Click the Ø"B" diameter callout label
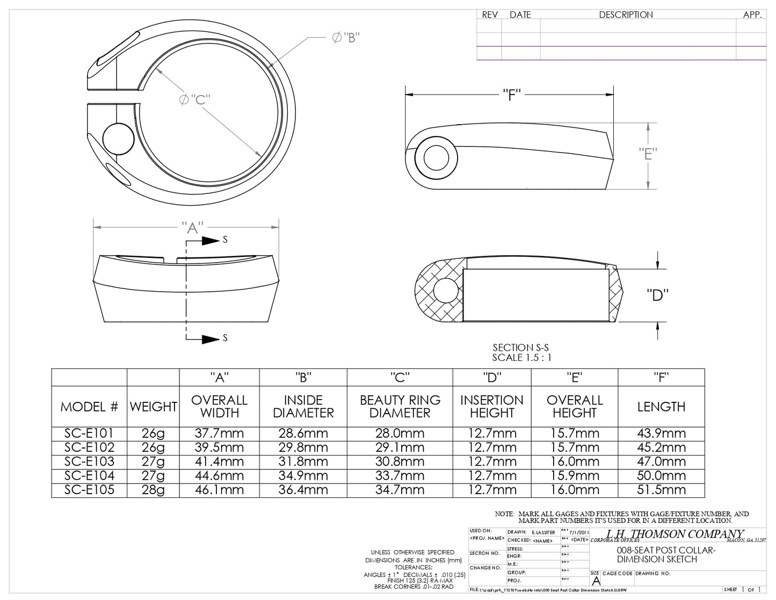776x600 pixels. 346,38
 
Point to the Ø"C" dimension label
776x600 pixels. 194,99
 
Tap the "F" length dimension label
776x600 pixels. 512,95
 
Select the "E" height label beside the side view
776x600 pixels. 648,154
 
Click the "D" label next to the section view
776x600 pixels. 657,295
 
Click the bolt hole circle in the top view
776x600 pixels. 118,139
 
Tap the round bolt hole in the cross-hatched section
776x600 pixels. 445,290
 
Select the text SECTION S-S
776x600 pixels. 520,348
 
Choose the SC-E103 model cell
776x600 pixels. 89,461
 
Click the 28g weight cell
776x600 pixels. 153,490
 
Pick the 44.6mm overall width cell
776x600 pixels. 219,475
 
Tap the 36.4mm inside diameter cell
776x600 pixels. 303,490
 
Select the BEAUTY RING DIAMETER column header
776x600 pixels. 400,407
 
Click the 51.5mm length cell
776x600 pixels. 661,490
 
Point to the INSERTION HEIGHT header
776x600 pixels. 492,407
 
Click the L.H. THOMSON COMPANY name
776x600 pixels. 675,534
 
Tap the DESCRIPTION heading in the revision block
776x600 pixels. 626,15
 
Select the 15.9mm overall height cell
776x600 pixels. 575,475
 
